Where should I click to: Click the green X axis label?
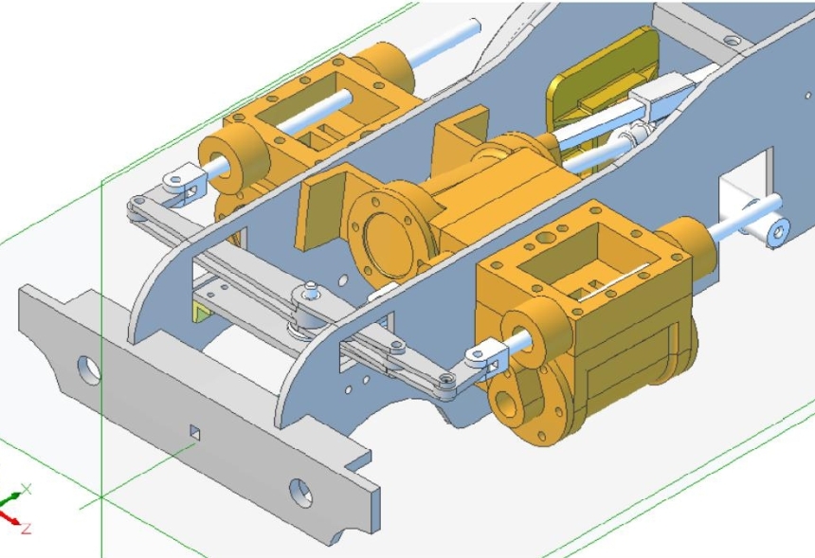pyautogui.click(x=26, y=488)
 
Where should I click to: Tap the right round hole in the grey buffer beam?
pyautogui.click(x=300, y=491)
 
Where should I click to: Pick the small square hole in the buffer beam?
pyautogui.click(x=194, y=432)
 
